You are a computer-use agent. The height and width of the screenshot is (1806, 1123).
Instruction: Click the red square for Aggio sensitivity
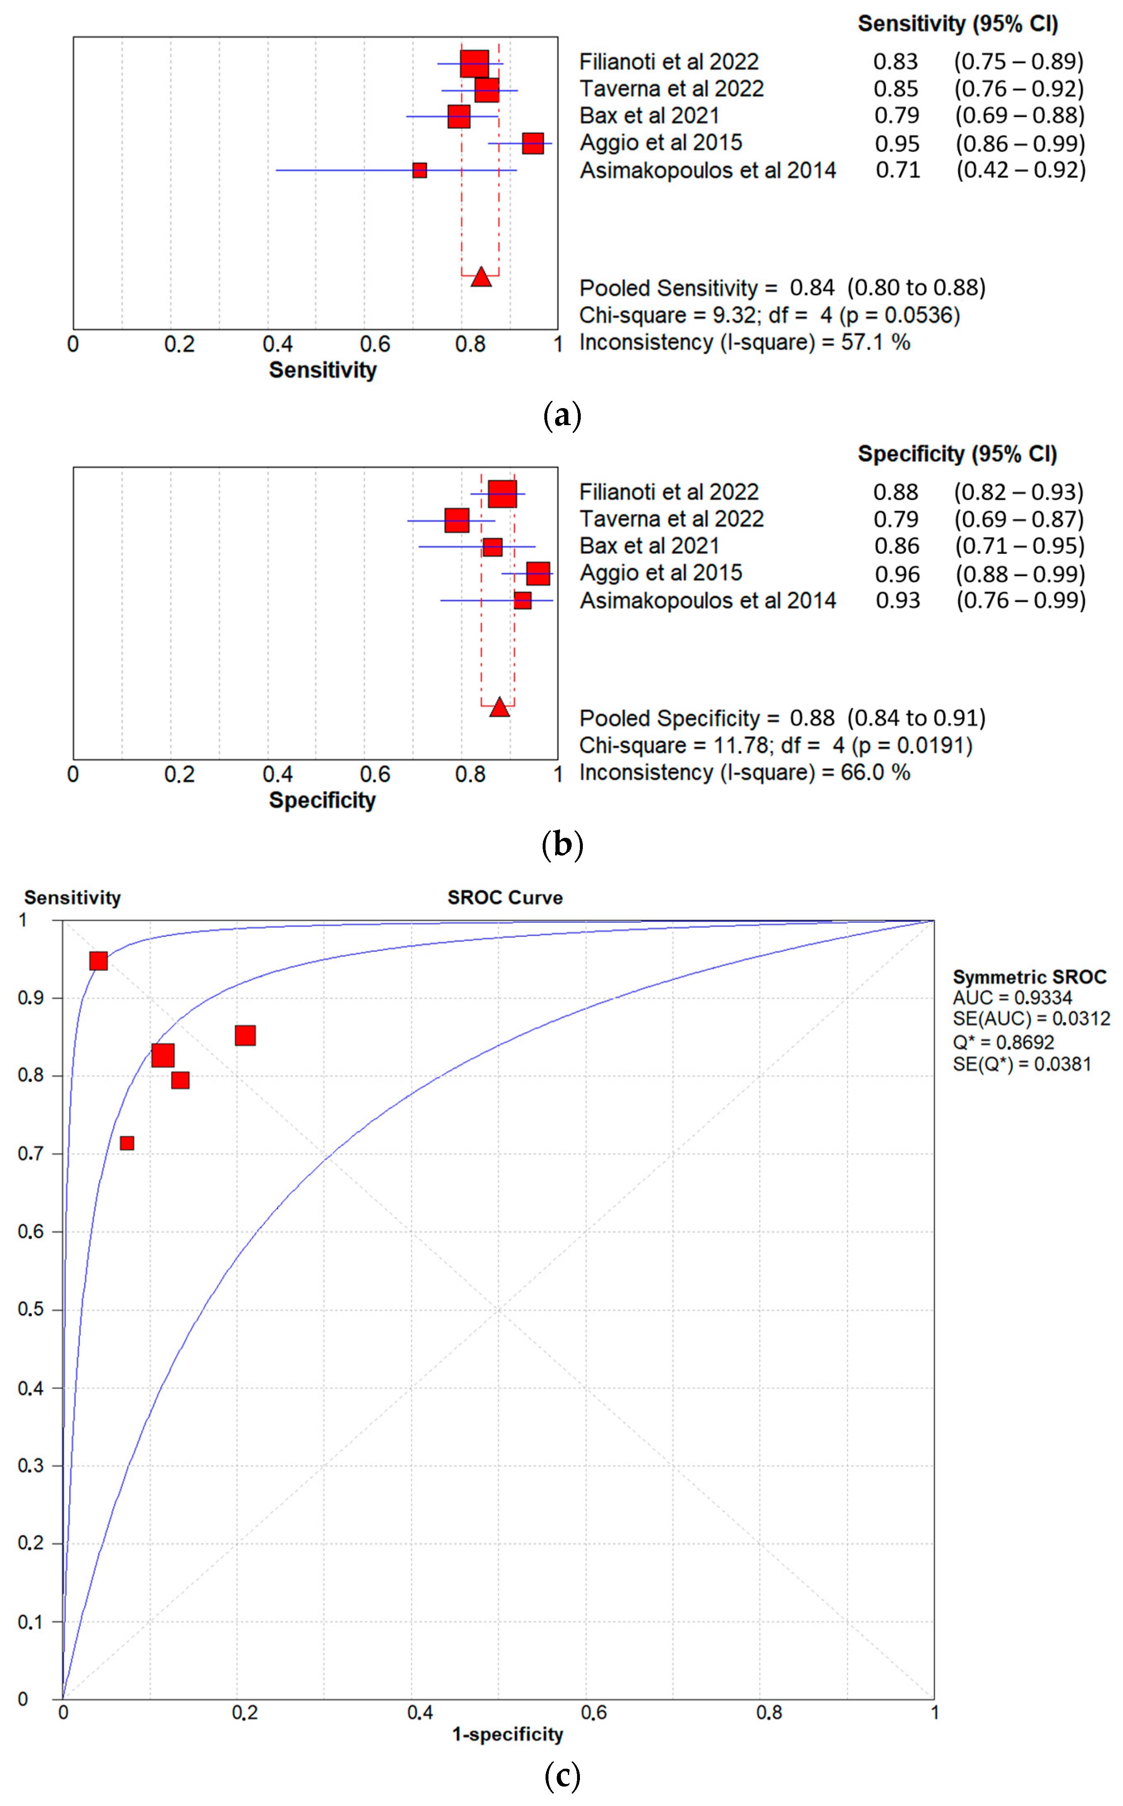pos(533,143)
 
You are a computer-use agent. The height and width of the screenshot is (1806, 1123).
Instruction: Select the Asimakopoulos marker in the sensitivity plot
pos(420,170)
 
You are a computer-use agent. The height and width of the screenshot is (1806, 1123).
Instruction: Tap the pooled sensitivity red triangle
pos(481,277)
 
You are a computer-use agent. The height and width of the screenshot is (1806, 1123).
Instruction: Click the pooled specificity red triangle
pos(500,707)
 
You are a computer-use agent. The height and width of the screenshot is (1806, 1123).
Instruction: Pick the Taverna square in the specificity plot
pos(457,520)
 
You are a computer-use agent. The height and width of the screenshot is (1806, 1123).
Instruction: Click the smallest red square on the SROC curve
pos(127,1143)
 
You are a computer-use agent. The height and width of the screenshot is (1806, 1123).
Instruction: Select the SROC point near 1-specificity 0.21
pos(245,1035)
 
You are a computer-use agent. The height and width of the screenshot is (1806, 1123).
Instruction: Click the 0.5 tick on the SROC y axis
pos(31,1309)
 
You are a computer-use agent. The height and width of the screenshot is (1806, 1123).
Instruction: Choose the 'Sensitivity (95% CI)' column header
pos(957,24)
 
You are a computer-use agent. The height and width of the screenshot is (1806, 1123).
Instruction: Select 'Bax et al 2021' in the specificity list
pos(649,546)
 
